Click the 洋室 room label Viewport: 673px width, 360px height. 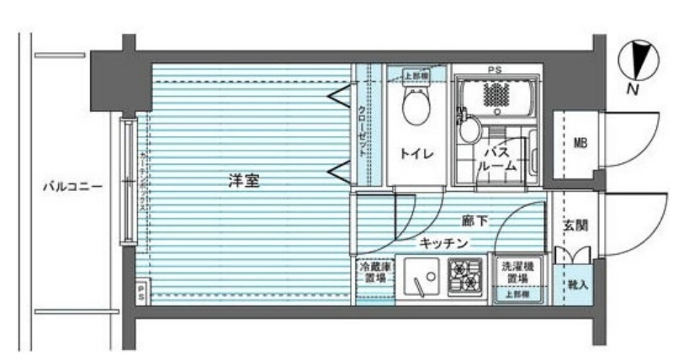pos(242,179)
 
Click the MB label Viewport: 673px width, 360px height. pos(580,143)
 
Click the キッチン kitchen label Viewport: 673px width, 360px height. pos(443,243)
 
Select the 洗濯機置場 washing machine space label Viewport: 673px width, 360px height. pos(517,270)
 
